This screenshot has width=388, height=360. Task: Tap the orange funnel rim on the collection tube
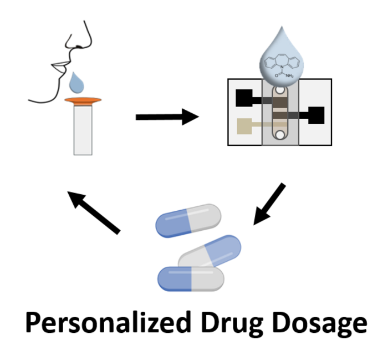(x=83, y=100)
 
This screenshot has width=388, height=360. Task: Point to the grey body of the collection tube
(x=83, y=130)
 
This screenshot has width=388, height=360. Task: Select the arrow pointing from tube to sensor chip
(x=167, y=116)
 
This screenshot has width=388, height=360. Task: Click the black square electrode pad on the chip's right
(x=316, y=115)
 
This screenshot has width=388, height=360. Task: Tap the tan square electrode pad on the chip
(x=244, y=126)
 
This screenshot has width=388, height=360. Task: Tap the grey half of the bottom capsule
(x=208, y=279)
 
